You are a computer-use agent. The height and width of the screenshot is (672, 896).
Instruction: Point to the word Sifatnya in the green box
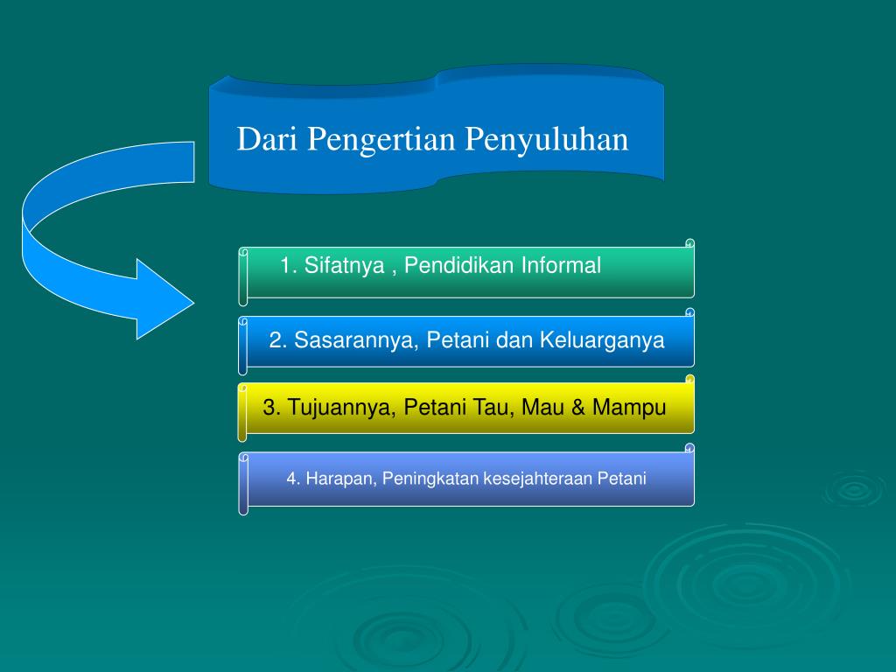click(x=345, y=266)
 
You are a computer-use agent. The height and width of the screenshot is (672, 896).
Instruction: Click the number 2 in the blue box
click(x=275, y=340)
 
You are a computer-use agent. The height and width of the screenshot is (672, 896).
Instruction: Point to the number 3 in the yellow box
click(x=269, y=408)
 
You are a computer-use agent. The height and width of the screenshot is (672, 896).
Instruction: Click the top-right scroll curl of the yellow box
click(x=689, y=380)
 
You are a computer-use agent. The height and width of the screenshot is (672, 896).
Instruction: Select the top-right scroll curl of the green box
click(x=689, y=243)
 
